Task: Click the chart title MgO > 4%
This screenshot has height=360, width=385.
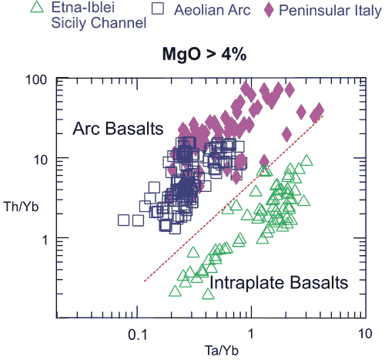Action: pos(204,55)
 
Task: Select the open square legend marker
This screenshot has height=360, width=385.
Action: pos(158,8)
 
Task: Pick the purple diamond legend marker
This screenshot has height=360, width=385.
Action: pos(269,10)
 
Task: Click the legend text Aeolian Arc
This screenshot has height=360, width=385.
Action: pos(213,10)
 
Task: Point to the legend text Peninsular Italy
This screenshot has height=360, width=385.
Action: pos(330,11)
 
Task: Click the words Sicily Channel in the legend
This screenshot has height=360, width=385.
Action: pos(99,22)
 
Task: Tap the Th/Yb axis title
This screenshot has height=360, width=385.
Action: pos(21,207)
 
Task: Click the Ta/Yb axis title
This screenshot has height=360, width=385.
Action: pos(222,351)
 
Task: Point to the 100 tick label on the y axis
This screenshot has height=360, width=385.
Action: pos(36,80)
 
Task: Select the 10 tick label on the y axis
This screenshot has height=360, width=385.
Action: pos(40,160)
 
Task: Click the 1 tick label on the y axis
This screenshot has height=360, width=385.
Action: pos(45,240)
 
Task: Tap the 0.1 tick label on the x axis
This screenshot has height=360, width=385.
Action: pos(138,335)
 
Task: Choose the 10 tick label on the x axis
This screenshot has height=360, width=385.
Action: pos(364,334)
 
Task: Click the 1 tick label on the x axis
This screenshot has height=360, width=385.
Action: pos(250,334)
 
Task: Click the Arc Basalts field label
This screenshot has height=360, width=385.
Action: pos(118,128)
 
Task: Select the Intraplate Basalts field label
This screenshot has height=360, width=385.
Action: pos(279,282)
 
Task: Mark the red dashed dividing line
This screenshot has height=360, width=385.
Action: pos(233,198)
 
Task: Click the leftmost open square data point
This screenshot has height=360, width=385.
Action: pos(123,220)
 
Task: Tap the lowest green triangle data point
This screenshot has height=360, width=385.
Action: pos(208,294)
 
